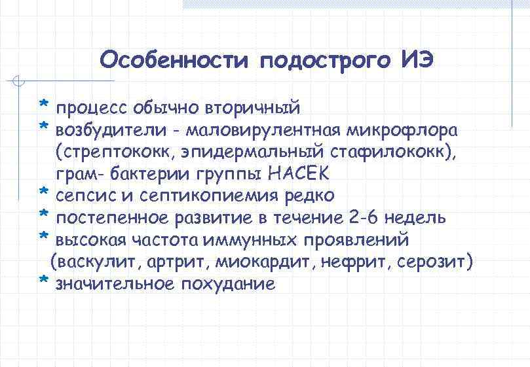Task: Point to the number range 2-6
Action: [364, 218]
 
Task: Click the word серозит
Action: [436, 262]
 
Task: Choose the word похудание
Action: [227, 285]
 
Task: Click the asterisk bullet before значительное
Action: [43, 281]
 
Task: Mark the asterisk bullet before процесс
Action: [43, 105]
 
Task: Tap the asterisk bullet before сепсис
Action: [43, 193]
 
